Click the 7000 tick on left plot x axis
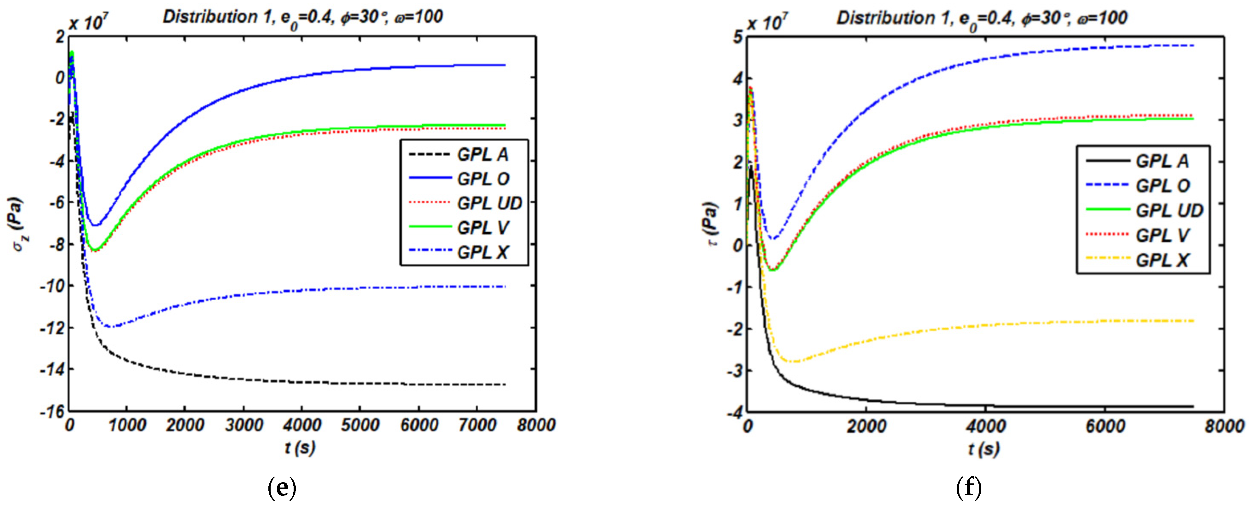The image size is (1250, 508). coord(477,425)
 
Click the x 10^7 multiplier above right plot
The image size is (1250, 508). coord(767,22)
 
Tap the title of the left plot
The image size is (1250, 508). coord(302,17)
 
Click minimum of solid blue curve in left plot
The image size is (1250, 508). coord(95,225)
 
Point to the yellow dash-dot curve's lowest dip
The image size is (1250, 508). coord(795,361)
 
